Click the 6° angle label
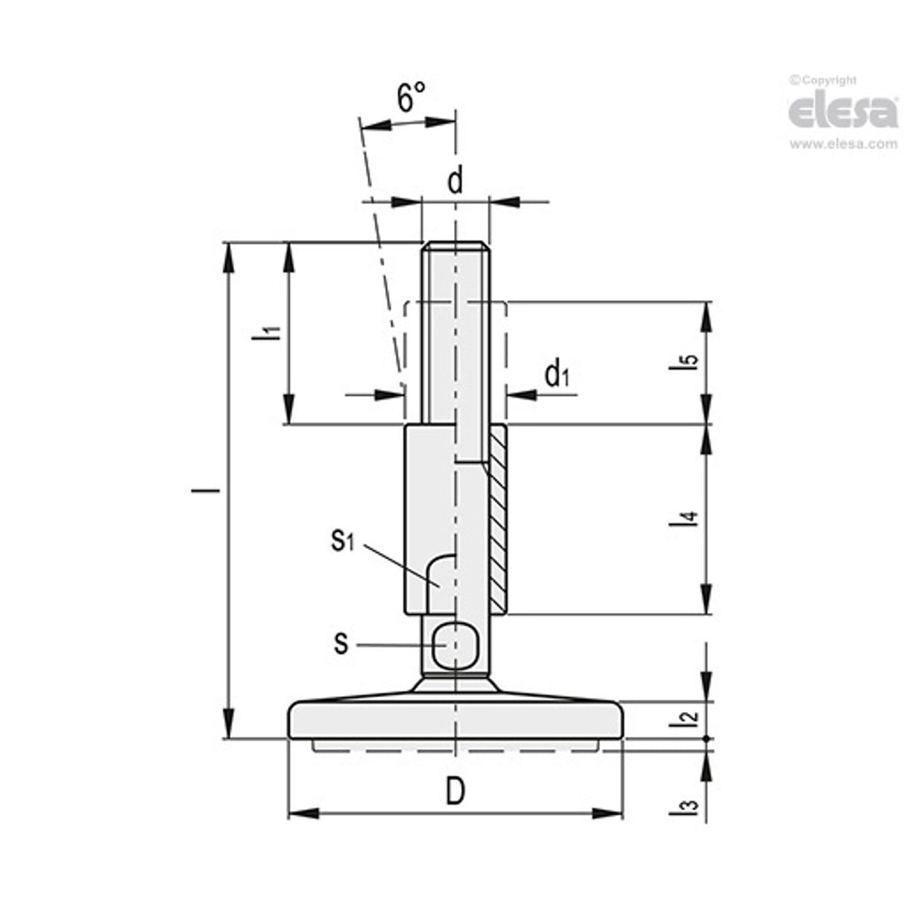[410, 98]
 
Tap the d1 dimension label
[556, 375]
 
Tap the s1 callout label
[342, 541]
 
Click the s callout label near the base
[341, 643]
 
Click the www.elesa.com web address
[843, 145]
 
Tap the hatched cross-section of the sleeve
[497, 522]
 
